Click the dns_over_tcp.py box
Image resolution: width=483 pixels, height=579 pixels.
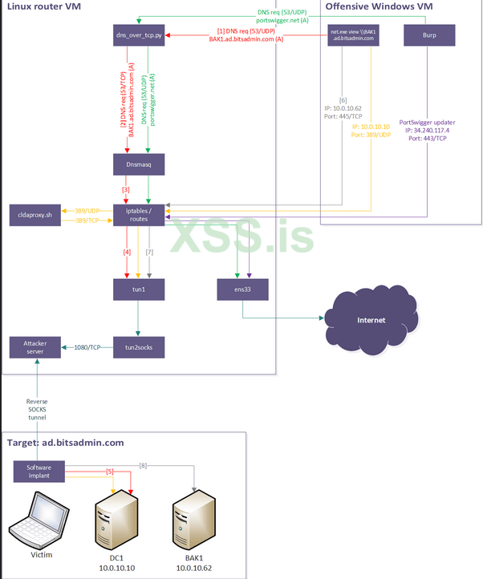[140, 35]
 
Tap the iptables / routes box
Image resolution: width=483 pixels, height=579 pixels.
[140, 214]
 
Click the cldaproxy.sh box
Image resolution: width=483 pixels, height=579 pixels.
[35, 215]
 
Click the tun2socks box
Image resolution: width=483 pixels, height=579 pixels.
[140, 346]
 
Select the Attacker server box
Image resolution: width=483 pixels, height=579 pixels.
[35, 347]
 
